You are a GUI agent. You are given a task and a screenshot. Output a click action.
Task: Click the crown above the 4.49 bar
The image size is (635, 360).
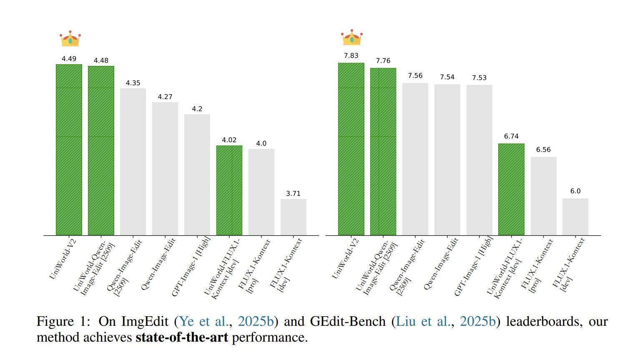tap(70, 38)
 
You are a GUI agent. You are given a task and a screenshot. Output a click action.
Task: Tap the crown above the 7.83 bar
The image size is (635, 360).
tap(352, 38)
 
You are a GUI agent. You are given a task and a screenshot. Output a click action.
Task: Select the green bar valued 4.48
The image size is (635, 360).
tap(101, 150)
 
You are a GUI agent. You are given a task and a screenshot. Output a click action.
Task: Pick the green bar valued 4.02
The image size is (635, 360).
tap(229, 190)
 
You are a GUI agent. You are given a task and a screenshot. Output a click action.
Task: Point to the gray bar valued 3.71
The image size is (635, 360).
tap(293, 217)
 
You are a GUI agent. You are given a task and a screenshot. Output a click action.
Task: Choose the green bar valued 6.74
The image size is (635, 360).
tap(511, 189)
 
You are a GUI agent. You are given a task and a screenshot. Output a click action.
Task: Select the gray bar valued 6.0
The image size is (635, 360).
tap(575, 217)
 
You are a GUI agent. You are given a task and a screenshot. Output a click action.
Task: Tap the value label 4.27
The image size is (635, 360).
tap(165, 97)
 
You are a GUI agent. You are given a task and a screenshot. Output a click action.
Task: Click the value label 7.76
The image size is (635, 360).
tap(383, 61)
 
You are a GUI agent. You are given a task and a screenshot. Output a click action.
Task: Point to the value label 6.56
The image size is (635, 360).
tap(543, 149)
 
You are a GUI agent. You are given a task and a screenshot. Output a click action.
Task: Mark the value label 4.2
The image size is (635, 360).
tap(197, 109)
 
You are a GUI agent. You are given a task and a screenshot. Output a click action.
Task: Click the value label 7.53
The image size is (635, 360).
tap(479, 78)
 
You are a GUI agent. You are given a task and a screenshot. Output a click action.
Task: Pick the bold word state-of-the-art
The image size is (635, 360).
tap(182, 337)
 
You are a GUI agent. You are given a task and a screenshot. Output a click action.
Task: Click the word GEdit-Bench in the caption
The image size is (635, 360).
tap(348, 321)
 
